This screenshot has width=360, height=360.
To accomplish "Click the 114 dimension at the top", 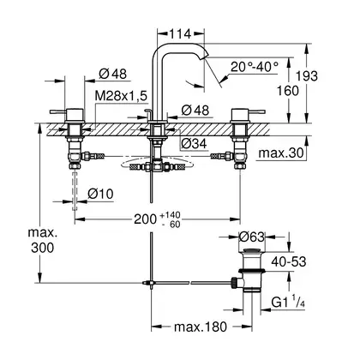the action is [181, 34].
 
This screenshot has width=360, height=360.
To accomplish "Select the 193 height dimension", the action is [307, 76].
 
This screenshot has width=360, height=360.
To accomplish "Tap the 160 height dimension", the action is [288, 91].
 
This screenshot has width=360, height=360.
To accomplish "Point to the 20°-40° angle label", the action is [255, 67].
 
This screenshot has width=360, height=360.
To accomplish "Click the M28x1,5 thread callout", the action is [121, 96].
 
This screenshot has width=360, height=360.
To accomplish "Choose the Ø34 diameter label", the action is [194, 144].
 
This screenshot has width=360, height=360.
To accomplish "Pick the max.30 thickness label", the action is [280, 153].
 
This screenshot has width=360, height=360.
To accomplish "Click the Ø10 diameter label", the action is [100, 195].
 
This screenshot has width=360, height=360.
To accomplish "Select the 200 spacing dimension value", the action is [145, 219].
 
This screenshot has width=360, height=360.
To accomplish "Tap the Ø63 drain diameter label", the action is [252, 237].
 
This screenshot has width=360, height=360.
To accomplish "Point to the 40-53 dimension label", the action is [289, 261].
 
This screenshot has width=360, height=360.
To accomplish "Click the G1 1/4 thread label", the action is [288, 303].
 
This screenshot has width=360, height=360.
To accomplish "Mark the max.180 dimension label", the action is [201, 327].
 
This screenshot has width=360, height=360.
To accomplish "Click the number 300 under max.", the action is [43, 248].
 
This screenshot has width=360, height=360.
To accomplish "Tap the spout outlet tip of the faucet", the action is [203, 59].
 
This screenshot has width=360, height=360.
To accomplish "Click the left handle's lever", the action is [58, 111].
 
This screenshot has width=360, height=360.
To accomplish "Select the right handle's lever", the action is [257, 111].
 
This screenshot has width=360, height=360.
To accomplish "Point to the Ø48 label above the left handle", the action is [113, 75].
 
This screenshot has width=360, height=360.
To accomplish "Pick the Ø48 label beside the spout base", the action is [195, 111].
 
